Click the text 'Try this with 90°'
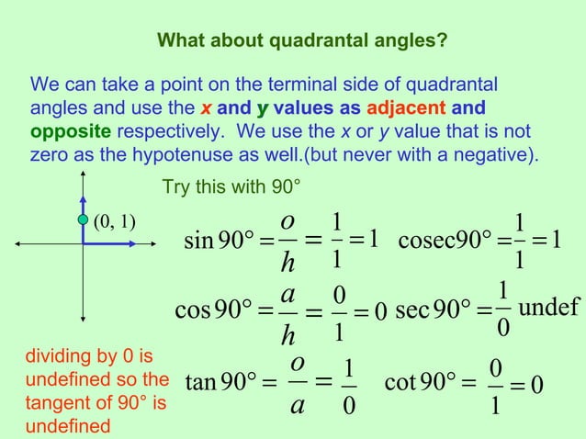coord(231,188)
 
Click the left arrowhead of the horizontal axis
coord(17,243)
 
